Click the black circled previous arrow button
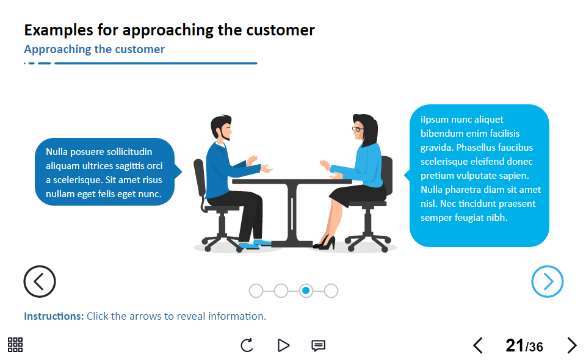pyautogui.click(x=40, y=281)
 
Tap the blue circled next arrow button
pyautogui.click(x=548, y=281)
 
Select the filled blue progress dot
pyautogui.click(x=306, y=291)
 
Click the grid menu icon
pyautogui.click(x=15, y=345)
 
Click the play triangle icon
pyautogui.click(x=283, y=345)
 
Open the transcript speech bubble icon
pyautogui.click(x=318, y=345)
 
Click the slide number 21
pyautogui.click(x=515, y=346)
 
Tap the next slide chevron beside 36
pyautogui.click(x=571, y=345)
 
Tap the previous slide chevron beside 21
pyautogui.click(x=478, y=345)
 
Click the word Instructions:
pyautogui.click(x=54, y=316)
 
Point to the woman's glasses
pyautogui.click(x=357, y=129)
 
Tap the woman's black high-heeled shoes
pyautogui.click(x=325, y=243)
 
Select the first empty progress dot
pyautogui.click(x=256, y=291)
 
